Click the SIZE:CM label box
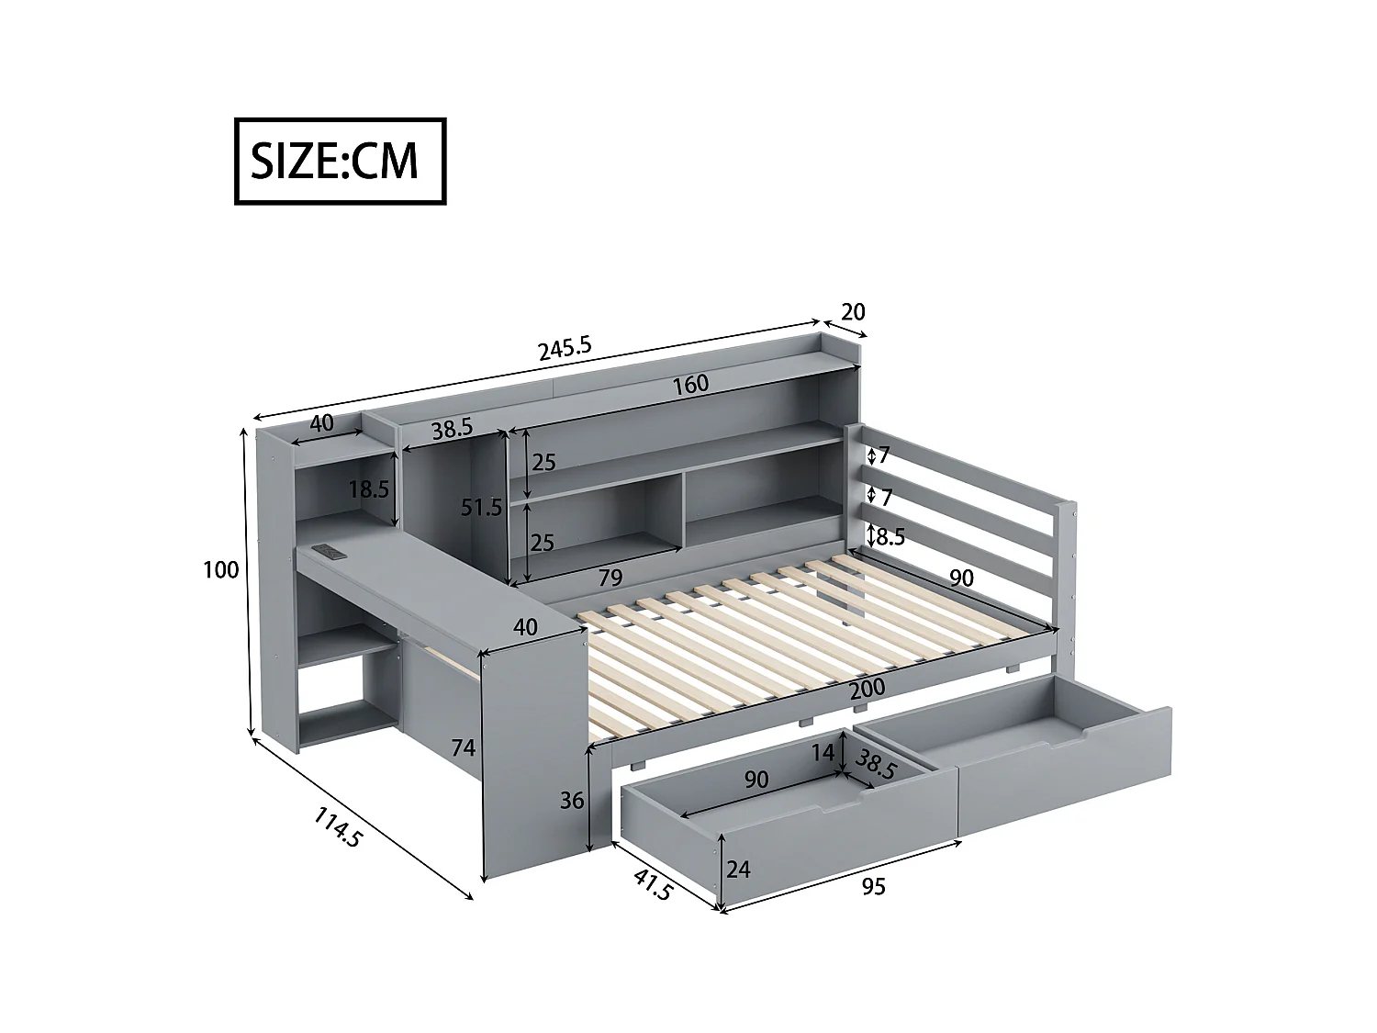tap(340, 161)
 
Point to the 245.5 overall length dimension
tap(564, 349)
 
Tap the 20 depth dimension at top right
tap(853, 312)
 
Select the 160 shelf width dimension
tap(689, 384)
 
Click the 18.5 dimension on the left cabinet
tap(368, 489)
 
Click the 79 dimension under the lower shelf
tap(610, 578)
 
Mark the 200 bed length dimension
tap(867, 687)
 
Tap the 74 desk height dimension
tap(463, 748)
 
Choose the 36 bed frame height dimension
tap(572, 801)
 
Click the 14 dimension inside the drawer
tap(824, 752)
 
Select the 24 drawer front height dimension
tap(738, 868)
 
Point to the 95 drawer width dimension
tap(873, 887)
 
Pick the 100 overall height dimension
tap(220, 570)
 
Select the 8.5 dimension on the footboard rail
tap(890, 536)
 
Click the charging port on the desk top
tap(329, 551)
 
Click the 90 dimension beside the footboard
tap(961, 578)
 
